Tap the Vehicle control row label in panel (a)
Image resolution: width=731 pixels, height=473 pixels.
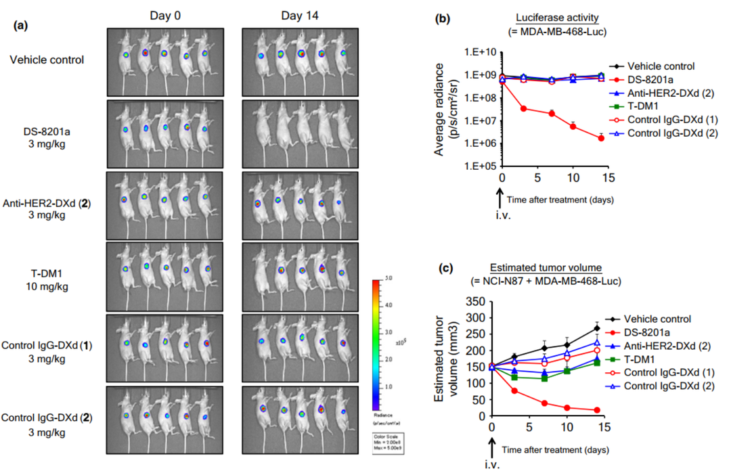(47, 60)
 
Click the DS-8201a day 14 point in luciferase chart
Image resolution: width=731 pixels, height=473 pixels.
(601, 138)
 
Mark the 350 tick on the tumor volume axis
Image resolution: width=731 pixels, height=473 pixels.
(477, 301)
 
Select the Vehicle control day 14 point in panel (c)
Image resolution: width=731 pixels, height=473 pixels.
(597, 328)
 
